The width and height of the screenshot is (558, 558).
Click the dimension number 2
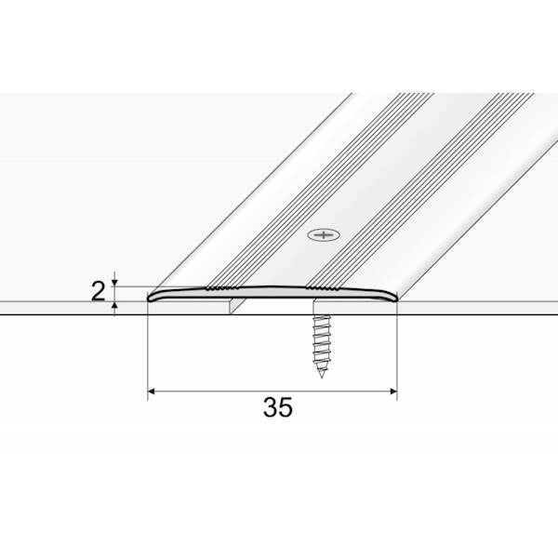pyautogui.click(x=98, y=293)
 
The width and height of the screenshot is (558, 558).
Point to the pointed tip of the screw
pyautogui.click(x=322, y=377)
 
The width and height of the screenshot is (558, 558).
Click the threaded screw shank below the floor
pyautogui.click(x=320, y=344)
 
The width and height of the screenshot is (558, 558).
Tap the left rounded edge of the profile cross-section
pyautogui.click(x=152, y=298)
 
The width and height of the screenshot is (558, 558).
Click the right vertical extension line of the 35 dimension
pyautogui.click(x=397, y=353)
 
